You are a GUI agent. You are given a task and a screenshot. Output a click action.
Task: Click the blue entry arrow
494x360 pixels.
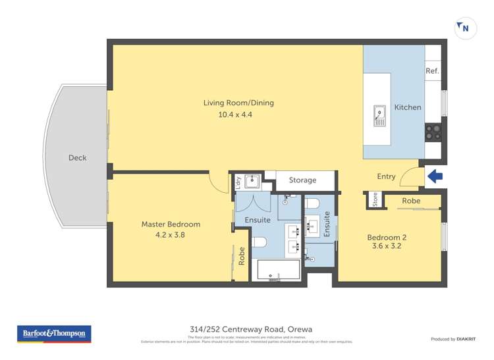435,176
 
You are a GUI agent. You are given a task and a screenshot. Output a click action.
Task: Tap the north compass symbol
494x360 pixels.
464,28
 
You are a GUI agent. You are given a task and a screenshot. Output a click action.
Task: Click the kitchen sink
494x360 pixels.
380,116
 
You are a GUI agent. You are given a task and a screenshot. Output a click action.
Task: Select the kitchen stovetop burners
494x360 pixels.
433,132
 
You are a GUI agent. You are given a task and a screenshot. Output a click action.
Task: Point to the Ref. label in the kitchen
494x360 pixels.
432,71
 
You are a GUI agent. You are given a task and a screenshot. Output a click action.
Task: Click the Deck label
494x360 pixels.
77,158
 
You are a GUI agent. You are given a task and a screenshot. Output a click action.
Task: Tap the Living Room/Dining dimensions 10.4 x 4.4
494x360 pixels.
238,115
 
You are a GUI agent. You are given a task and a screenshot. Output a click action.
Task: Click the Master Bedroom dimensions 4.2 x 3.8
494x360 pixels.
171,234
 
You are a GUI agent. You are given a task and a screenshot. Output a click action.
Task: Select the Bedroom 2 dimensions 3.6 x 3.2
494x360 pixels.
386,246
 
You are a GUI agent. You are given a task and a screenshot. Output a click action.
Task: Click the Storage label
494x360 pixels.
302,180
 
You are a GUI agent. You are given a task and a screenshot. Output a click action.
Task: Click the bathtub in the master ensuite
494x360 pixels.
277,270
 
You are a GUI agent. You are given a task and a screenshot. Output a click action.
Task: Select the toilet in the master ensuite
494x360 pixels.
260,241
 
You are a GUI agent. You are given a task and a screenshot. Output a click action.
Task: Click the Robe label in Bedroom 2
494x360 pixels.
411,201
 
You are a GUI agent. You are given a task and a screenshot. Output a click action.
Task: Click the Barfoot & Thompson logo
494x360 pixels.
54,334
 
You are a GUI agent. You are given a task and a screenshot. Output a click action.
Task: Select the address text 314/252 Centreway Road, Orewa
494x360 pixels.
247,330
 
